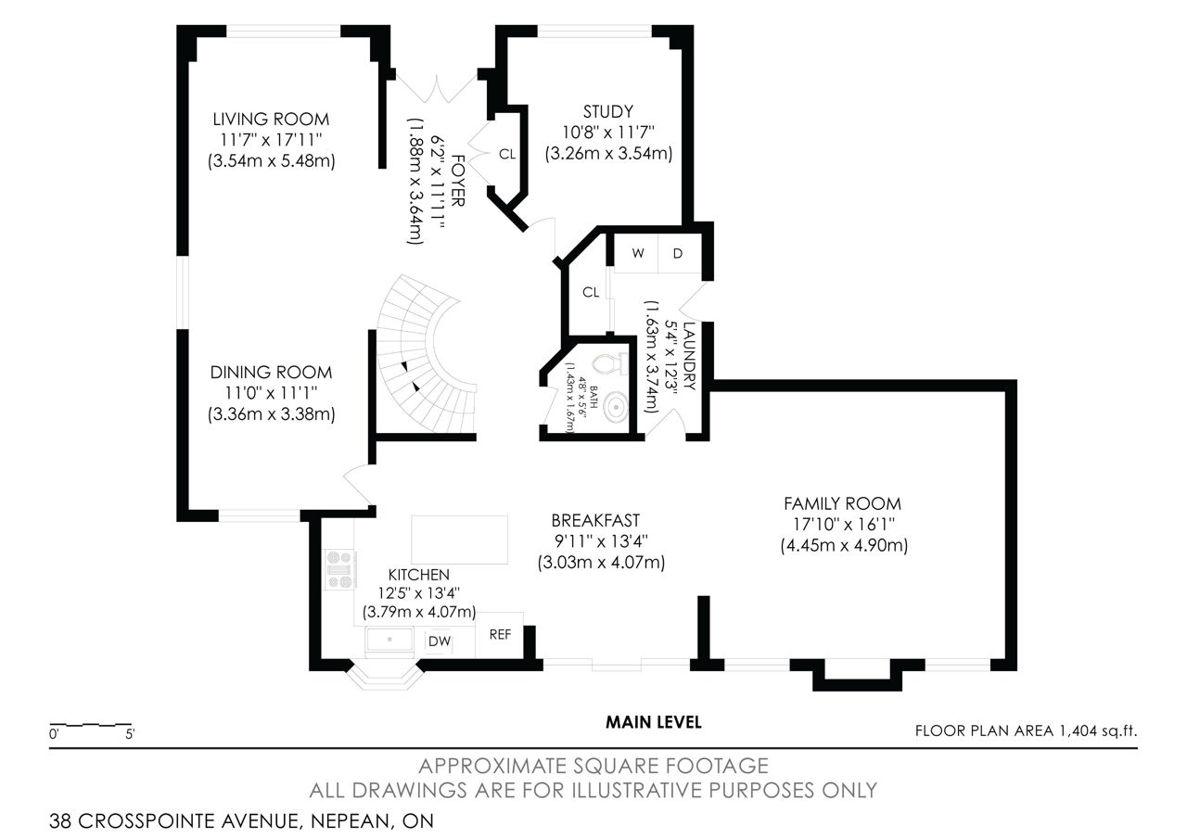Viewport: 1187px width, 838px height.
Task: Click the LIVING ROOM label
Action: (x=271, y=120)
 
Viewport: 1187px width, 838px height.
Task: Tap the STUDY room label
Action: (x=607, y=112)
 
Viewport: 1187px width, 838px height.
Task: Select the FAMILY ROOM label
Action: (x=843, y=503)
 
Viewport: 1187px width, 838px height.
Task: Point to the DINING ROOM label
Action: (x=271, y=373)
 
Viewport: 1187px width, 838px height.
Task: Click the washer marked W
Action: (x=636, y=253)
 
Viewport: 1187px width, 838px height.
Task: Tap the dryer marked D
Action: (x=680, y=253)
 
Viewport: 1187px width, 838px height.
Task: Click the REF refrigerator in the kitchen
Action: (x=499, y=635)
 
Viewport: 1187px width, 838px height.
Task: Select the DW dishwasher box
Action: (x=440, y=641)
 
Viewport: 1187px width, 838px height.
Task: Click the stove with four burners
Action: (x=340, y=569)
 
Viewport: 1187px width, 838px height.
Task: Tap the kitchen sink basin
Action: (x=389, y=640)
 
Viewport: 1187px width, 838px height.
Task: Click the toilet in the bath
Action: (x=610, y=363)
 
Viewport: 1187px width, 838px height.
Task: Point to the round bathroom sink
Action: (x=615, y=407)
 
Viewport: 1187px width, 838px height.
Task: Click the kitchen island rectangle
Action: (x=459, y=540)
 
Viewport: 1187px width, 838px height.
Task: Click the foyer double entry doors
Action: (x=437, y=88)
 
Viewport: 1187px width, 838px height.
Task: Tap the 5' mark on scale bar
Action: (x=130, y=733)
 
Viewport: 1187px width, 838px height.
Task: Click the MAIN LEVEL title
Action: (x=654, y=722)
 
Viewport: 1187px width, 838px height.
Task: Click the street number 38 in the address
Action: (x=60, y=821)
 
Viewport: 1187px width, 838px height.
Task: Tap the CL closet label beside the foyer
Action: (x=507, y=154)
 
